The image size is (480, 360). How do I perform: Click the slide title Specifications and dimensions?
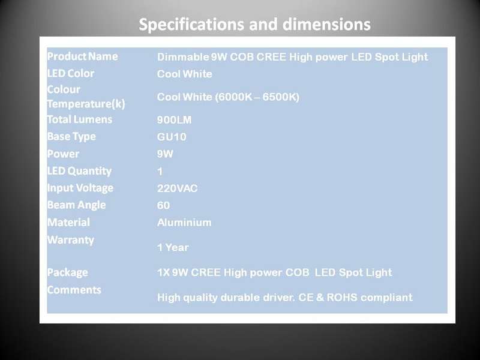click(x=254, y=25)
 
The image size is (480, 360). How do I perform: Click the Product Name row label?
click(x=82, y=56)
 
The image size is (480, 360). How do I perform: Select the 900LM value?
click(x=174, y=119)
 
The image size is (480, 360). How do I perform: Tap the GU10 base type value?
click(x=172, y=137)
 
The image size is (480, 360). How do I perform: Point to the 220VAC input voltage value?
click(x=177, y=188)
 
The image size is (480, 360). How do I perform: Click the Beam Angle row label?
click(x=77, y=205)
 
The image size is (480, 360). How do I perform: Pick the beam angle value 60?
click(x=163, y=205)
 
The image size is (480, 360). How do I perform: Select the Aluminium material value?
click(x=184, y=222)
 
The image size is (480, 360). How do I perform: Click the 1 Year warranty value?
click(x=173, y=247)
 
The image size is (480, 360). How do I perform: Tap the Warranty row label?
click(x=71, y=240)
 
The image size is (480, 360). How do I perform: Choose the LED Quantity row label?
click(x=79, y=171)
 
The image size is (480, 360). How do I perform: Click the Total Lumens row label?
click(x=80, y=119)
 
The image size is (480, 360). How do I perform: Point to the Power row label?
click(x=63, y=154)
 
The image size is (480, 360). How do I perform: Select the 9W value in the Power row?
click(x=165, y=154)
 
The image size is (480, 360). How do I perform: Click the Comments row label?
click(x=74, y=290)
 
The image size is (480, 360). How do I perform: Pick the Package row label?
click(x=68, y=272)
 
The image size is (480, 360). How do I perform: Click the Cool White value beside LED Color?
click(x=185, y=74)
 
